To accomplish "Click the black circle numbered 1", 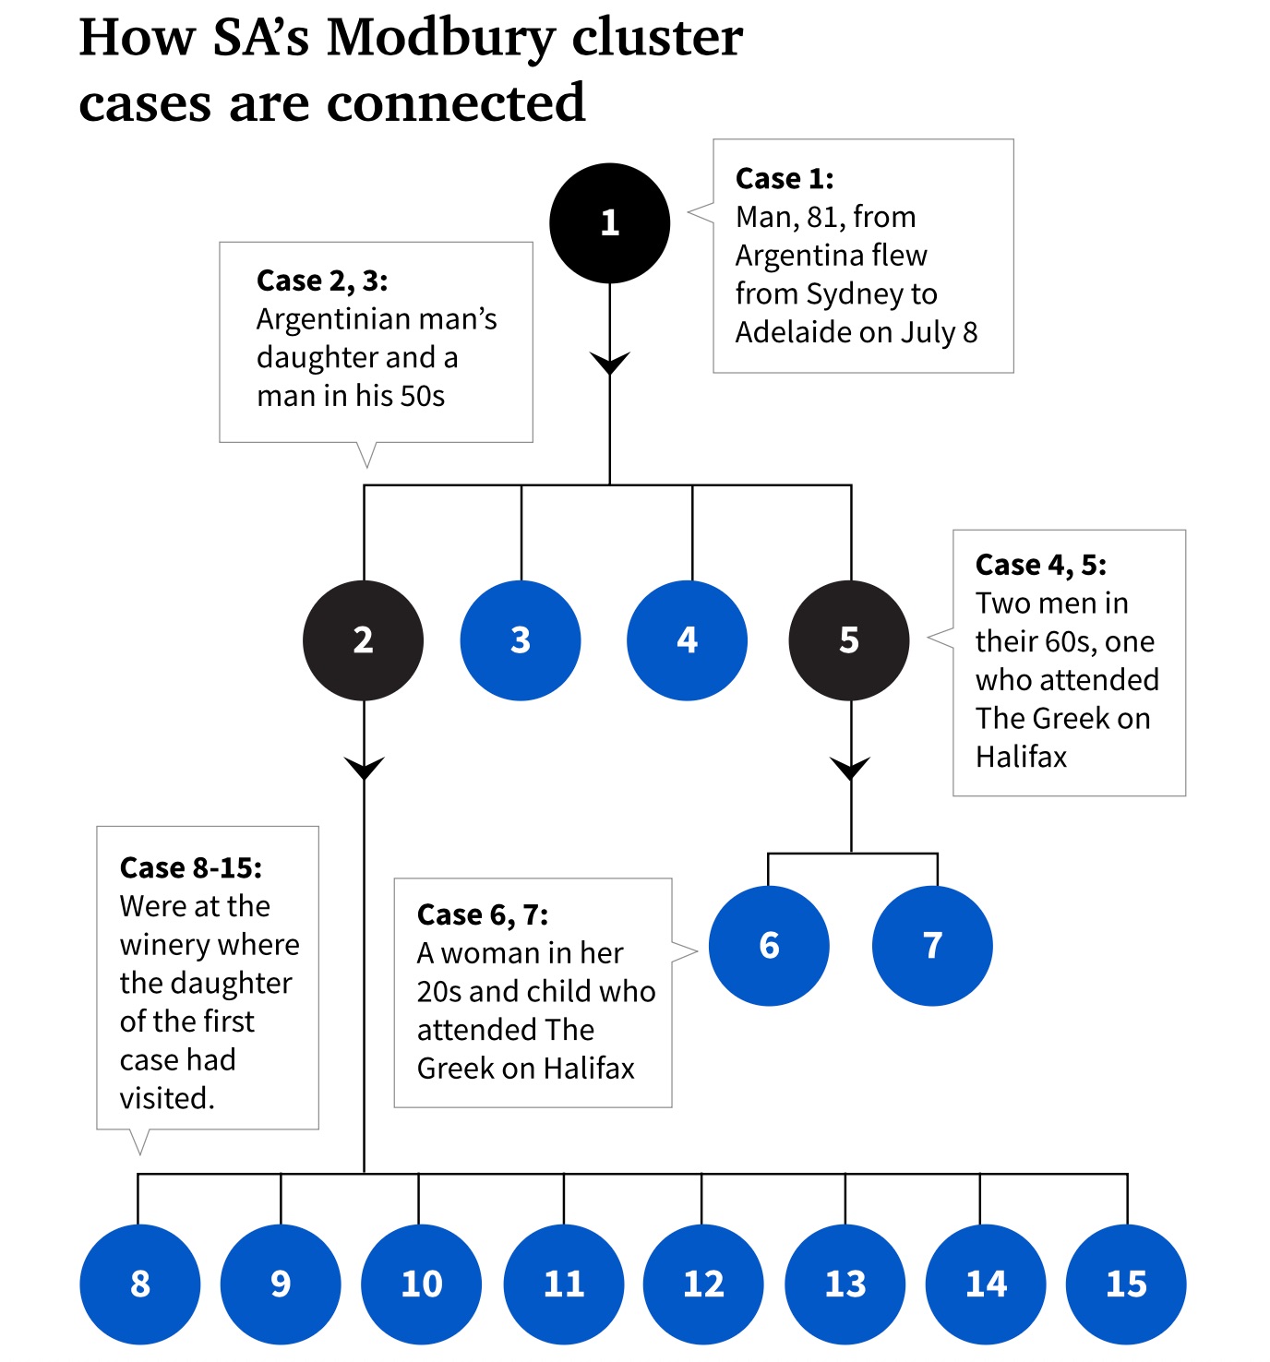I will point(609,223).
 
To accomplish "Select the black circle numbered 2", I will point(363,640).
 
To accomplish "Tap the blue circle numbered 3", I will point(521,640).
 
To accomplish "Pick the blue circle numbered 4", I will point(687,640).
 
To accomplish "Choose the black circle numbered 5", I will point(849,640).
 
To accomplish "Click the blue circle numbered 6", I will point(769,946).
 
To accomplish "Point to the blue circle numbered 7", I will point(932,946).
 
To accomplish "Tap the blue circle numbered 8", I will point(140,1284).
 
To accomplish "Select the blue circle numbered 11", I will point(564,1284).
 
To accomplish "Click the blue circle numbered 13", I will point(845,1284).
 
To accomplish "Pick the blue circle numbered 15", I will point(1126,1284).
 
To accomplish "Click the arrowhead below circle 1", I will point(609,363).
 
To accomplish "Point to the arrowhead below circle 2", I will point(364,768).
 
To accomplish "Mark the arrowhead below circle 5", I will point(850,768).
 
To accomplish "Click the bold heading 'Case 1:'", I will point(785,178).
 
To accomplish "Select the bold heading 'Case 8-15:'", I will point(191,867).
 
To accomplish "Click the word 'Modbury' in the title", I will point(442,39).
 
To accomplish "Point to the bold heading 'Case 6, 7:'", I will point(483,914).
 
